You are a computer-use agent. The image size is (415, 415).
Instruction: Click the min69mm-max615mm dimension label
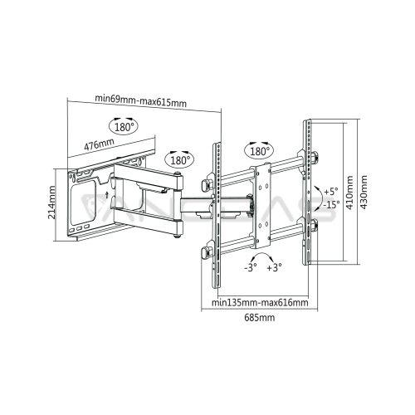coord(141,101)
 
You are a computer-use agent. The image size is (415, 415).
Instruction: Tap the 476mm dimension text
coord(99,144)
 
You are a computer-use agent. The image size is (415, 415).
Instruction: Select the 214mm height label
coord(51,203)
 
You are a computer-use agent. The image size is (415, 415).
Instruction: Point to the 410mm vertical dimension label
coord(349,193)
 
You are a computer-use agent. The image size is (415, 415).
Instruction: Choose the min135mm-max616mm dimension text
coord(260,302)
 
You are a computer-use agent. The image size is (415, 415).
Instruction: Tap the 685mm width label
coord(260,317)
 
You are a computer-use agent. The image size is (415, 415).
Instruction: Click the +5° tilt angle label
coord(331,192)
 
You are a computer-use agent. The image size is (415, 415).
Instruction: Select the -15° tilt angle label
coord(331,205)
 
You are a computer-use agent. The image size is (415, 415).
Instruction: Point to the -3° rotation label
coord(251,267)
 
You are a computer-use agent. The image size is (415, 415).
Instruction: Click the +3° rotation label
coord(274,267)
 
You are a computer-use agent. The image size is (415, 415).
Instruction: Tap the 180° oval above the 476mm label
coord(123,127)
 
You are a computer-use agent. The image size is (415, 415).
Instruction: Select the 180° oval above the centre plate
coord(259,151)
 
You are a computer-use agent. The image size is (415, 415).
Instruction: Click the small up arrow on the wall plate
coord(107,195)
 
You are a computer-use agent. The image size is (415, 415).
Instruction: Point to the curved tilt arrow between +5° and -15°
coord(321,197)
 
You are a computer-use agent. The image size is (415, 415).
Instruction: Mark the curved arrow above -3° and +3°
coord(261,254)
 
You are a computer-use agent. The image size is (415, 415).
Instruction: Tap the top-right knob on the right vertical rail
coord(315,157)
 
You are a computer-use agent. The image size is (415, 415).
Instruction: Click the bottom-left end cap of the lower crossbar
coord(206,253)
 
